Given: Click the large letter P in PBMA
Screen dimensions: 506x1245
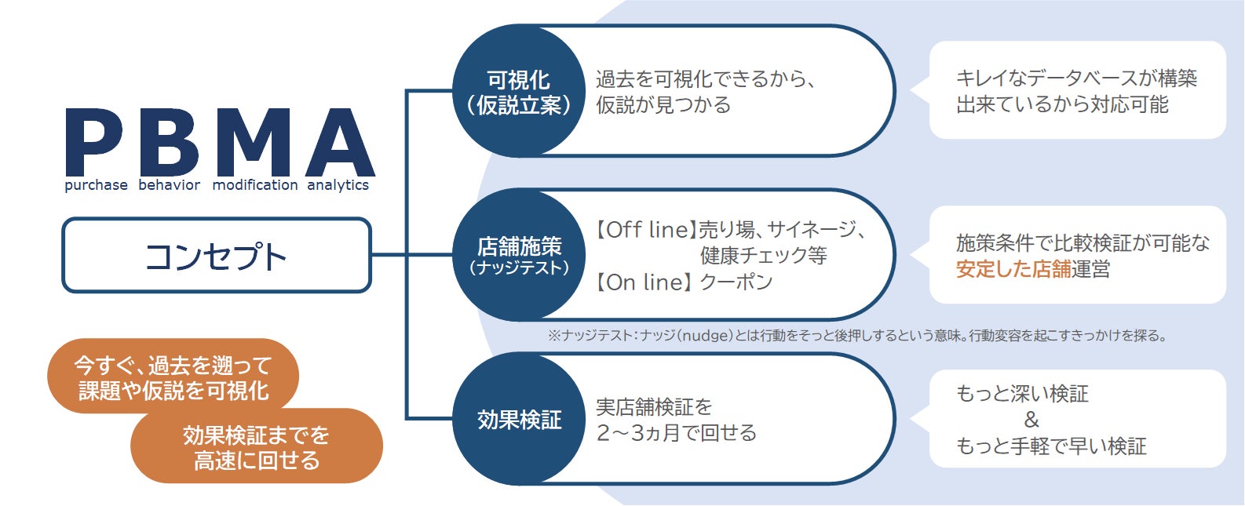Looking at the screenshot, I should click(x=94, y=143).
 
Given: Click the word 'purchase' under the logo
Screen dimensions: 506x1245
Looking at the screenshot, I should click(x=96, y=185).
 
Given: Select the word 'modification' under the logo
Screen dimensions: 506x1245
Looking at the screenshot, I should click(x=255, y=185).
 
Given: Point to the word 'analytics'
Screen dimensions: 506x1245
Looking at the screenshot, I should click(x=338, y=185).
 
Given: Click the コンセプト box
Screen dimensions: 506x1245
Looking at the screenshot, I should click(x=216, y=256).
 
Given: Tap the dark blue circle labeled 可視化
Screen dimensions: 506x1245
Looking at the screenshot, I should click(x=518, y=91).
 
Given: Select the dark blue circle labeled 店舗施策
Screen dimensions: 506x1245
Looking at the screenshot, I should click(x=518, y=255).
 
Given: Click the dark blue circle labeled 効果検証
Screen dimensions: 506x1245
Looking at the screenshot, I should click(x=518, y=420).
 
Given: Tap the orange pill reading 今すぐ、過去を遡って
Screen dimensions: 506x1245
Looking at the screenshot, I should click(x=173, y=377).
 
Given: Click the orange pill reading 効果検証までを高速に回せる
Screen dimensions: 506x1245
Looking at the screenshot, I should click(x=257, y=447).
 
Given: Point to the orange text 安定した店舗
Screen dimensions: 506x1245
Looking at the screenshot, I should click(x=1013, y=270).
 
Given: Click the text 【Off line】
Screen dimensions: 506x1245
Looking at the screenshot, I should click(x=645, y=230).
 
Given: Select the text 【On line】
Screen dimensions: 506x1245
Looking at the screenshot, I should click(x=644, y=282).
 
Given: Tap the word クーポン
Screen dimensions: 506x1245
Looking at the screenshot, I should click(x=736, y=282).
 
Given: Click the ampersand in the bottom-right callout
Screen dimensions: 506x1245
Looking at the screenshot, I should click(x=1031, y=420).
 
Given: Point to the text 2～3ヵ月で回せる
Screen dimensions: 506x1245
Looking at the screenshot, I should click(x=676, y=433).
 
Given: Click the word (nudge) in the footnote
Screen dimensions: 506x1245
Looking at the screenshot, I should click(x=705, y=336).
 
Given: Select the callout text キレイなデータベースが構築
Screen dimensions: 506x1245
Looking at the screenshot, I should click(x=1076, y=78).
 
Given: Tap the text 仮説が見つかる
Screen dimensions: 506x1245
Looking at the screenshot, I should click(x=663, y=105).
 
